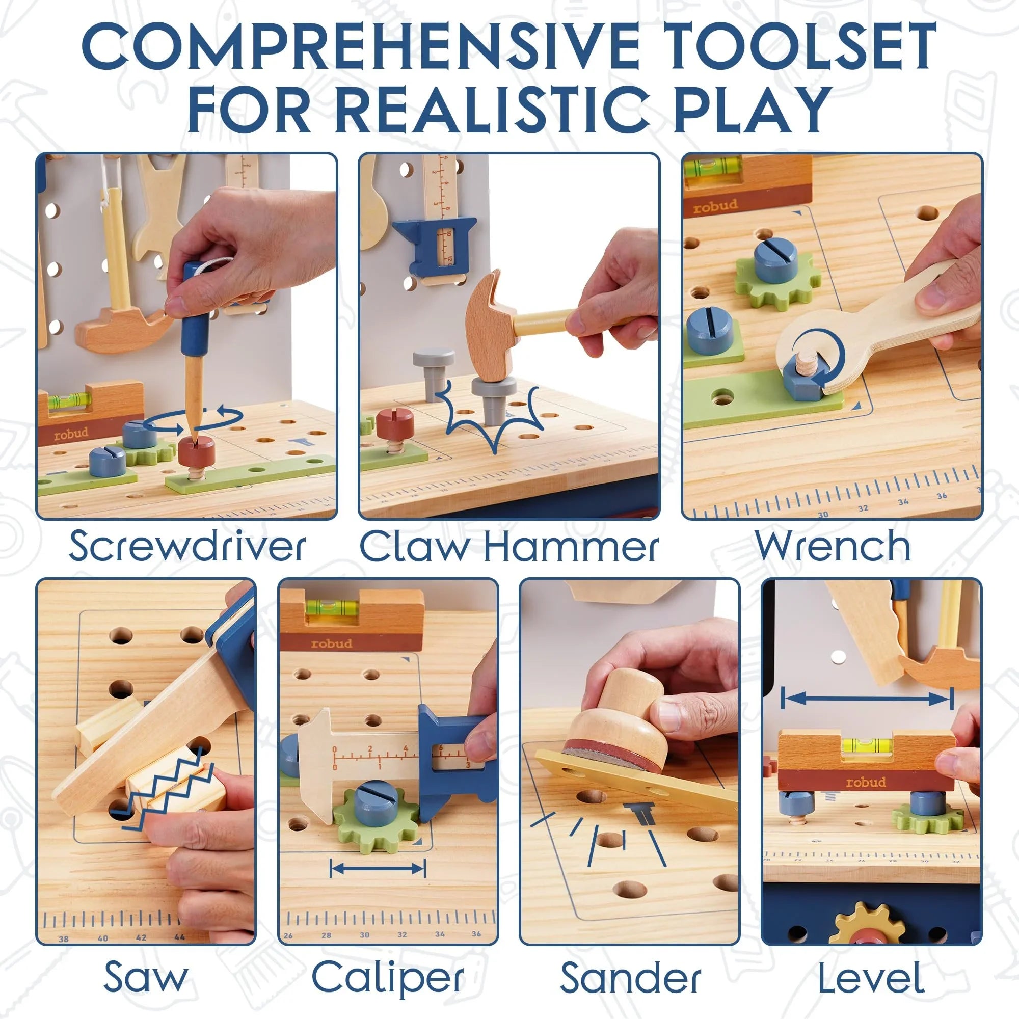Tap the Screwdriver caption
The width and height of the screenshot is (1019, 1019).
[187, 546]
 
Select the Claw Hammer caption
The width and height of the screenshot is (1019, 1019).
[509, 546]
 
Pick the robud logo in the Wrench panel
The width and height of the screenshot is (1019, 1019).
[715, 206]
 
